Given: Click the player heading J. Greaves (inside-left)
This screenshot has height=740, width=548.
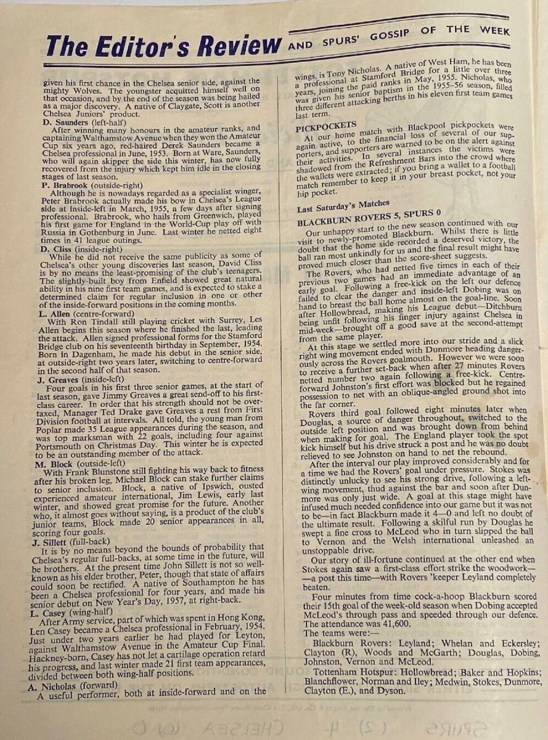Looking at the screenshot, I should (x=84, y=379).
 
